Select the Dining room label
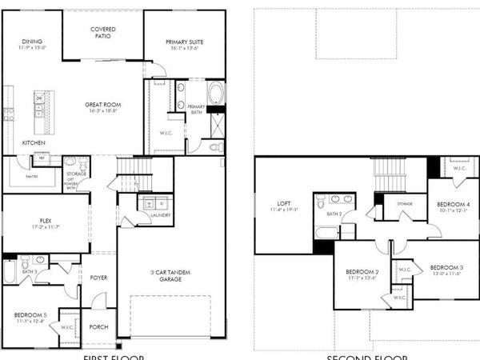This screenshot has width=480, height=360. [32, 42]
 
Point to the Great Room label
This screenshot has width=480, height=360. [104, 105]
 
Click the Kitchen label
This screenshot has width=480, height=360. [33, 142]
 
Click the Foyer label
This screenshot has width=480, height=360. [99, 278]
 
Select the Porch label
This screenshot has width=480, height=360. [98, 326]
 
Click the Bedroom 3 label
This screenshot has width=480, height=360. [446, 267]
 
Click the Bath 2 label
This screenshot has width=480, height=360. [334, 214]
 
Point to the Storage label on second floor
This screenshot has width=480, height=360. [404, 205]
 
